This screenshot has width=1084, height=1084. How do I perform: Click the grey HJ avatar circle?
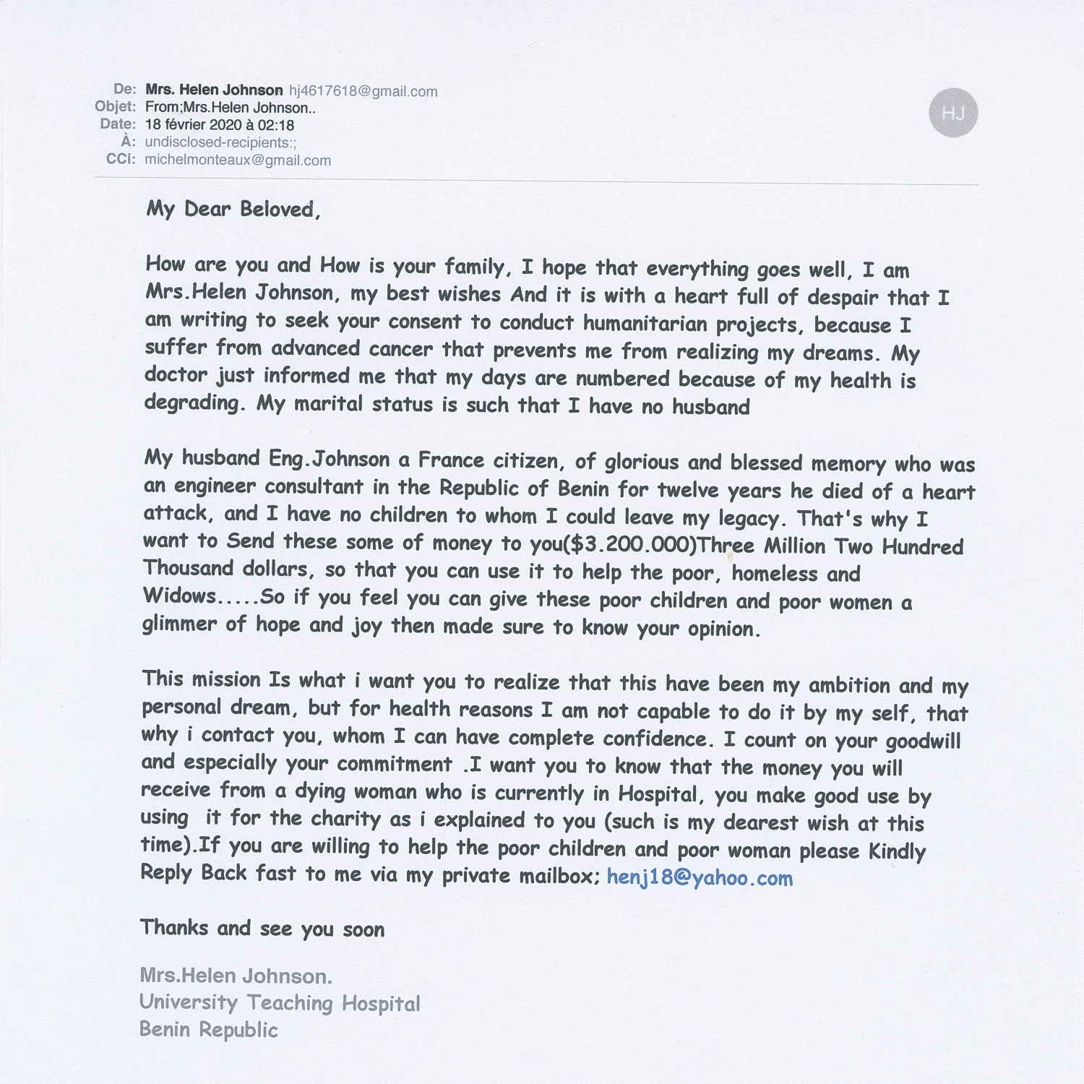click(x=952, y=113)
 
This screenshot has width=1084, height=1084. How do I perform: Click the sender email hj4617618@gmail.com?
click(x=363, y=91)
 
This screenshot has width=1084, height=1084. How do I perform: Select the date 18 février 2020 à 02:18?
click(x=219, y=125)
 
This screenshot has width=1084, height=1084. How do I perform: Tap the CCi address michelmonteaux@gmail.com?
click(x=238, y=160)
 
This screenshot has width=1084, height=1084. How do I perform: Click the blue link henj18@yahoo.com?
click(x=700, y=877)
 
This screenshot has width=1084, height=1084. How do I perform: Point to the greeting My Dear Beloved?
click(x=233, y=210)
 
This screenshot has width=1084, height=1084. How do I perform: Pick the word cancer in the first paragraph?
click(x=400, y=349)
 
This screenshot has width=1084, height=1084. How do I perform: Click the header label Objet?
click(x=115, y=107)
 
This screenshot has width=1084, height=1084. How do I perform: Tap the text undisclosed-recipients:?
click(x=220, y=142)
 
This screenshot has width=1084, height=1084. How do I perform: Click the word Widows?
click(x=178, y=596)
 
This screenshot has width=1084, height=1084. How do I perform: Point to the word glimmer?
click(x=178, y=624)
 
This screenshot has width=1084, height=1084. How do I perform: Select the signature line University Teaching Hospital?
click(x=280, y=1003)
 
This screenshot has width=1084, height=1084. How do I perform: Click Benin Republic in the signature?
click(x=208, y=1030)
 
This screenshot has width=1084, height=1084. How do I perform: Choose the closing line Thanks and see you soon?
click(x=262, y=929)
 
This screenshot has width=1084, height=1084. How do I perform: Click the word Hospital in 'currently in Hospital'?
click(x=657, y=794)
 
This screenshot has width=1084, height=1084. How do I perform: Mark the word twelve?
click(x=687, y=490)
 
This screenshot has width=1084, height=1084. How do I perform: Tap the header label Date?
click(x=118, y=124)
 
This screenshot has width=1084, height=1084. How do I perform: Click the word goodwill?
click(x=923, y=741)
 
